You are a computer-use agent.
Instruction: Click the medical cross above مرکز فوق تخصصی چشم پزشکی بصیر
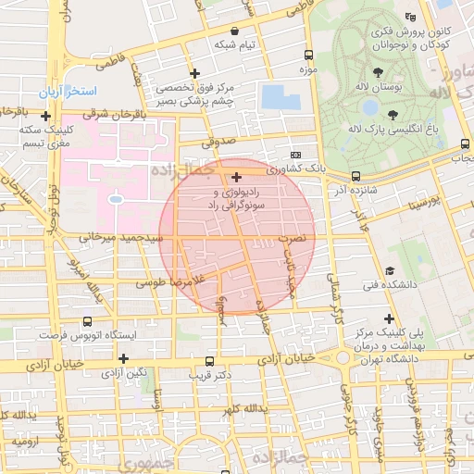pyautogui.click(x=194, y=73)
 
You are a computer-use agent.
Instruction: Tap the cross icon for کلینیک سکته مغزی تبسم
pyautogui.click(x=45, y=117)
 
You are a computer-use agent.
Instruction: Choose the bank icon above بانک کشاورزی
pyautogui.click(x=295, y=155)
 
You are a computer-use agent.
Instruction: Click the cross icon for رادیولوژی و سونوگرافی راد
pyautogui.click(x=237, y=176)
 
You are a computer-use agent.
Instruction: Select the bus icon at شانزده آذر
pyautogui.click(x=355, y=176)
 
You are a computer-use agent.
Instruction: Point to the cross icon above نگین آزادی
pyautogui.click(x=122, y=356)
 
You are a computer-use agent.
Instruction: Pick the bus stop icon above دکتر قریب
pyautogui.click(x=210, y=360)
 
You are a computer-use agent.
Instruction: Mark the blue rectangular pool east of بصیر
pyautogui.click(x=275, y=96)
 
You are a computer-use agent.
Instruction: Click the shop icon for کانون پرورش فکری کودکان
pyautogui.click(x=411, y=16)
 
